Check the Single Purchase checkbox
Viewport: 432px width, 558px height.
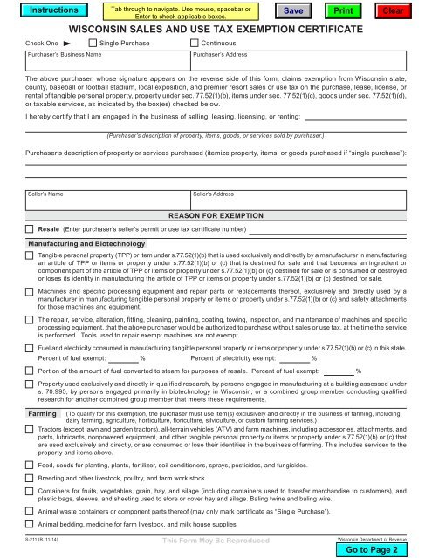click(x=93, y=42)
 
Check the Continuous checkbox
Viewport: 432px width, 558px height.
click(x=195, y=42)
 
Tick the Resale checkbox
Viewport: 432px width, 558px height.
click(x=30, y=228)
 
